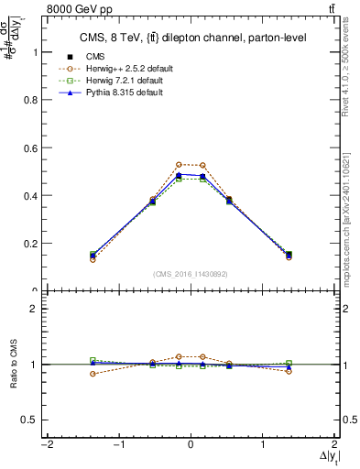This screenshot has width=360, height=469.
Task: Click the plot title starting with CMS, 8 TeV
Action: [189, 37]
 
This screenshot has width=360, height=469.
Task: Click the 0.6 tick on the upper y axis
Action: [29, 147]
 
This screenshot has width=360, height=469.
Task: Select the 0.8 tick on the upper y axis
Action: [29, 100]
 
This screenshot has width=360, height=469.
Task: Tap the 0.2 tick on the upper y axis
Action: [29, 244]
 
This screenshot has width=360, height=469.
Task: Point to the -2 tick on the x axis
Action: [45, 445]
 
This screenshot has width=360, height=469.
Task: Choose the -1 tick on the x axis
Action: [117, 445]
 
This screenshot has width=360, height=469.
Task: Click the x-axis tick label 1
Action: [263, 445]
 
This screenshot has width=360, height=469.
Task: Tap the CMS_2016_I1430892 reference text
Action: [190, 274]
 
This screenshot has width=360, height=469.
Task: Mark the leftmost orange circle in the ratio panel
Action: [93, 374]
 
